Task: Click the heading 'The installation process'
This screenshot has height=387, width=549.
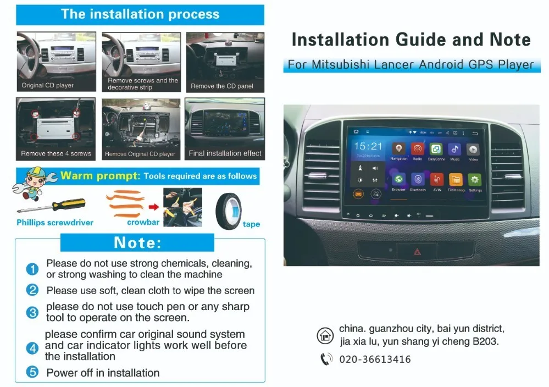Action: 140,14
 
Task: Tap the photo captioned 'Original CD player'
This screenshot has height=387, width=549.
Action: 56,61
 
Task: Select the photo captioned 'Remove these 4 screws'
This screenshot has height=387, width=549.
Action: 56,129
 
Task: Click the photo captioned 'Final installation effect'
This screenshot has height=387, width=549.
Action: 225,129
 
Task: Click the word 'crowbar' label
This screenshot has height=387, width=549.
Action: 143,223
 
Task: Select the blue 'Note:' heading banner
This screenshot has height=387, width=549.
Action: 137,242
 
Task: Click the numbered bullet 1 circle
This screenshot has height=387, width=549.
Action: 32,269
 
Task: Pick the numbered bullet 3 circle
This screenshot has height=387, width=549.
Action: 32,312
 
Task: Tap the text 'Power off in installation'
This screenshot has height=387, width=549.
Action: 103,373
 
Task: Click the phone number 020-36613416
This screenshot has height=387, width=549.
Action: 375,360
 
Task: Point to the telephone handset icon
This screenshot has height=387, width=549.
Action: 326,360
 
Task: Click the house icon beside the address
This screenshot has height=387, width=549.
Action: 325,335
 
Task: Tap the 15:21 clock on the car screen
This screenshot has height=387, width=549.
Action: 368,146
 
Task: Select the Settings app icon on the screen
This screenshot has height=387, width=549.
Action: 474,180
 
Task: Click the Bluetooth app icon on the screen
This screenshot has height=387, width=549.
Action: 418,180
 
